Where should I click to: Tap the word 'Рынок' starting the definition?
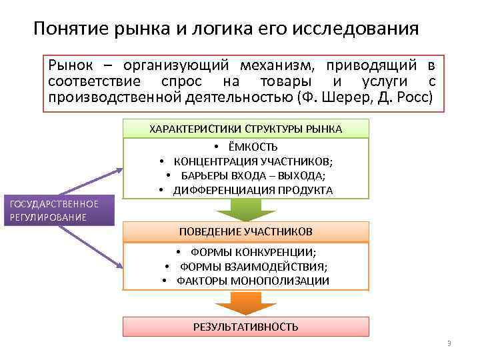point(69,65)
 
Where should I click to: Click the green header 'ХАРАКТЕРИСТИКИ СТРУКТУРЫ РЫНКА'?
point(246,129)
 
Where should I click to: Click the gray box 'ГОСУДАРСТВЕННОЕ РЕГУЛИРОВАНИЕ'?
point(56,211)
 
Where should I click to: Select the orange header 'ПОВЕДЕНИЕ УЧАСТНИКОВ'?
point(246,231)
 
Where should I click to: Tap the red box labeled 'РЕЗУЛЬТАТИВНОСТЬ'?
point(246,327)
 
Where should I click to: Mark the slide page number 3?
point(449,344)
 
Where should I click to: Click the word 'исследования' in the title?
point(358,29)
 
